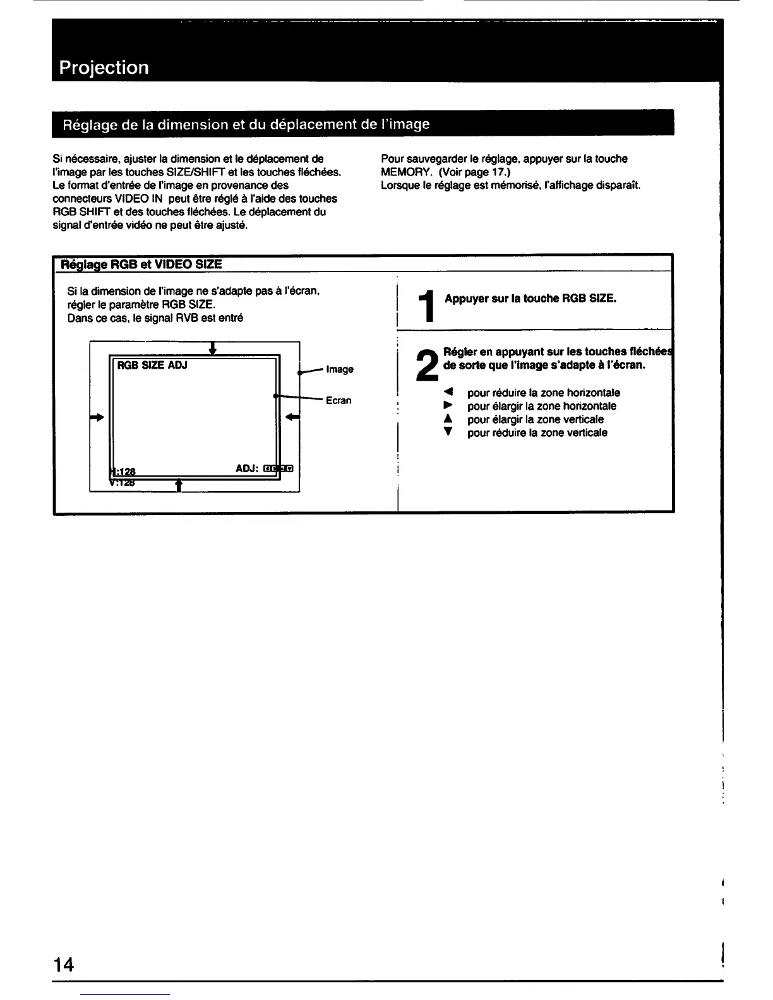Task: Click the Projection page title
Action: (x=104, y=68)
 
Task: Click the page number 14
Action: (x=64, y=964)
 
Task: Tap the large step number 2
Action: (x=428, y=366)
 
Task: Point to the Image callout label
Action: (x=340, y=369)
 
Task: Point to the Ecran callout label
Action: (x=339, y=400)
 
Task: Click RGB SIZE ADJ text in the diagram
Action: (x=152, y=365)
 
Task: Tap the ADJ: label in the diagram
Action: (x=248, y=468)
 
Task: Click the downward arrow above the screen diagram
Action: (x=213, y=348)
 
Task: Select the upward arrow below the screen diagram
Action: (x=179, y=484)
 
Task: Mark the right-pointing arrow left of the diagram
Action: (x=97, y=417)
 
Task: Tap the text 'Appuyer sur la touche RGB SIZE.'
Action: (x=530, y=299)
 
